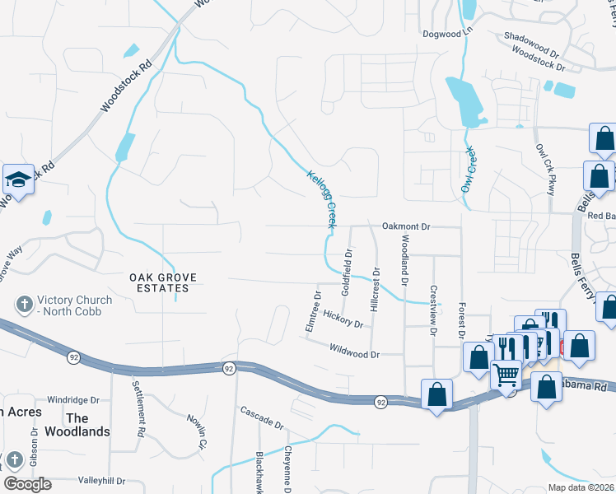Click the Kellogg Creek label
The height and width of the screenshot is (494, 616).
323,199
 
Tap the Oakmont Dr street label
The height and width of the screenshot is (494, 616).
406,226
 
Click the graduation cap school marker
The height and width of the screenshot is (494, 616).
16,179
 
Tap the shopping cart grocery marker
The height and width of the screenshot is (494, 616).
506,375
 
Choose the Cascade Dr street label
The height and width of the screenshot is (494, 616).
262,417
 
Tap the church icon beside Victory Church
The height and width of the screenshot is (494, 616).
25,305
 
